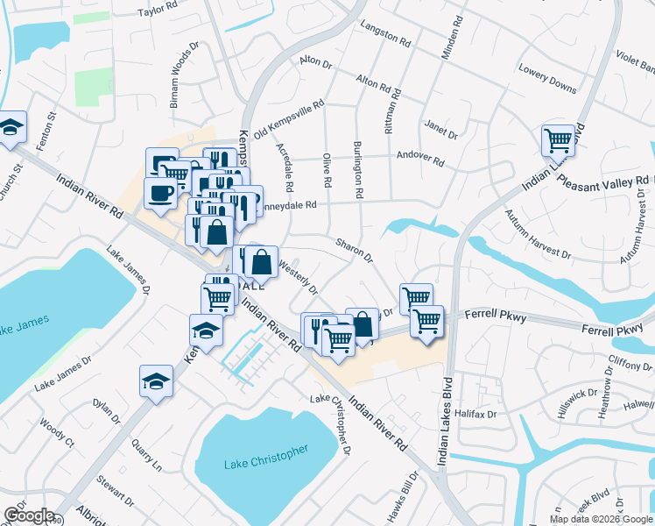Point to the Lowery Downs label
tap(547, 78)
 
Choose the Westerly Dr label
tap(297, 274)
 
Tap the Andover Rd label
tap(420, 163)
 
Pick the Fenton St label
tap(52, 128)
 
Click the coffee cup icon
tap(160, 193)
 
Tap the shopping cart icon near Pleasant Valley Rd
tap(558, 139)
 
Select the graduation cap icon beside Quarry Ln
tap(156, 380)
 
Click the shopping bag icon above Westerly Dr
tap(261, 260)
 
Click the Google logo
tap(29, 515)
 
